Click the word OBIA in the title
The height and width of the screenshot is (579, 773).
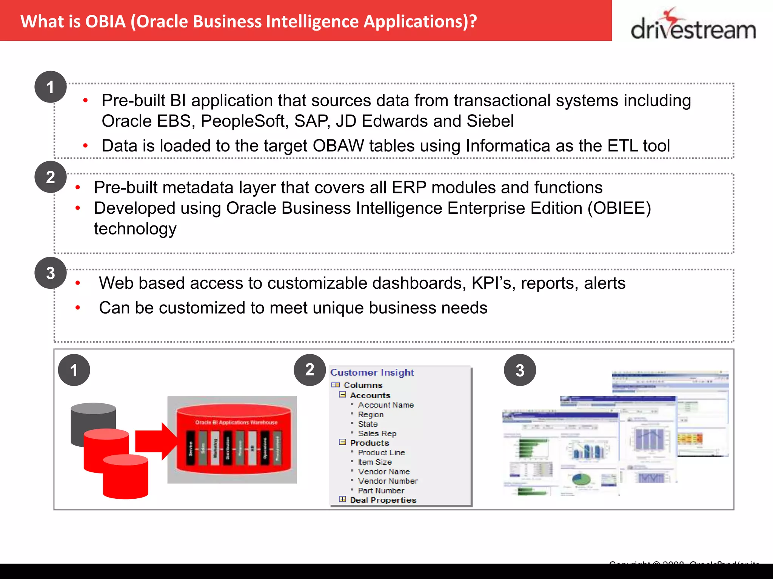[105, 21]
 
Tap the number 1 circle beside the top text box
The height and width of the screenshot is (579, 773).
[51, 87]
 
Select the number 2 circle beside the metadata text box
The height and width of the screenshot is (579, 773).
[51, 177]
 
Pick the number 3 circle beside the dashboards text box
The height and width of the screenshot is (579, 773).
[51, 273]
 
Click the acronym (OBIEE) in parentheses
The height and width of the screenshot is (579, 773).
[619, 208]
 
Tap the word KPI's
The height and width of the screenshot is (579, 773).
[493, 283]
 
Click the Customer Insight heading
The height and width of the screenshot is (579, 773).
[372, 372]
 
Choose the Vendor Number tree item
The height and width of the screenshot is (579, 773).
[388, 481]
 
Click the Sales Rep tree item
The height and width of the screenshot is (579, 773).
[377, 433]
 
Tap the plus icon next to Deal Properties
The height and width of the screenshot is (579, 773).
[342, 499]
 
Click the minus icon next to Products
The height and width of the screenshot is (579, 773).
[342, 442]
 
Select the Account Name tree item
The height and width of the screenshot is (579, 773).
[386, 405]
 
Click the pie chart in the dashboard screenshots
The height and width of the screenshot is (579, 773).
[581, 479]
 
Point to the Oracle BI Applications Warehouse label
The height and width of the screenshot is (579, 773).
[236, 422]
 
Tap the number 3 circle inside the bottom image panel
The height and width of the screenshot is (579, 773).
[520, 370]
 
